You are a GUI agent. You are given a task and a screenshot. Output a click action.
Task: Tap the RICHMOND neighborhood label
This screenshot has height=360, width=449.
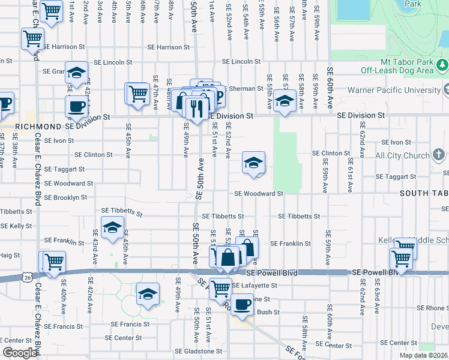pos(37,127)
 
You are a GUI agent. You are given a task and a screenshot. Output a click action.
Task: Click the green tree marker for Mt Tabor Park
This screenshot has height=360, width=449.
pos(442,64)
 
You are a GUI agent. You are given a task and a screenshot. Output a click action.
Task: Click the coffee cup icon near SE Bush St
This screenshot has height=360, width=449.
pos(242,305)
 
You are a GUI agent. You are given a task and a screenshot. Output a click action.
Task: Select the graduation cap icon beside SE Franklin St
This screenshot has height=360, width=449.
pos(112,227)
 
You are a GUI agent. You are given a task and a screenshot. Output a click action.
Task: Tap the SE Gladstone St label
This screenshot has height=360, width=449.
pos(198,351)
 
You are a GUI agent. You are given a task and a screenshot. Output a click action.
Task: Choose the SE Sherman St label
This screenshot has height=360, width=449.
pos(243,88)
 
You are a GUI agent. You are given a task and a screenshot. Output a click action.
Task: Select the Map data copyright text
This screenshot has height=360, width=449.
pos(424,355)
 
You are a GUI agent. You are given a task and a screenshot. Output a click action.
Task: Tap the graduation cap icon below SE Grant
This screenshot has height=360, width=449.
pos(76,72)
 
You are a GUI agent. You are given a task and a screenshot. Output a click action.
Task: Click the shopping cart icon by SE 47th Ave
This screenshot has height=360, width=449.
pos(137,93)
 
